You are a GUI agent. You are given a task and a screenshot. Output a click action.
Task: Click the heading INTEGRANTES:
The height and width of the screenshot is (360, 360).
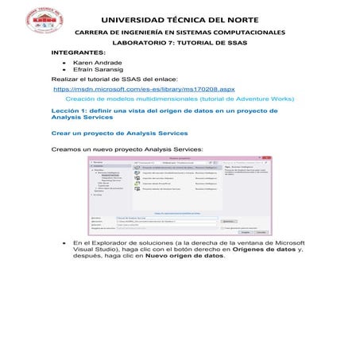79,52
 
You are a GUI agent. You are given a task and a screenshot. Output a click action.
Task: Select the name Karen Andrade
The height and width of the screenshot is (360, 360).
97,62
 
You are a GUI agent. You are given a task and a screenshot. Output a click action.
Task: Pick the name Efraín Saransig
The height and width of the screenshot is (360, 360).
97,70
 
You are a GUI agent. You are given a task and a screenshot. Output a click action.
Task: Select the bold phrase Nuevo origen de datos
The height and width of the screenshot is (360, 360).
188,256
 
